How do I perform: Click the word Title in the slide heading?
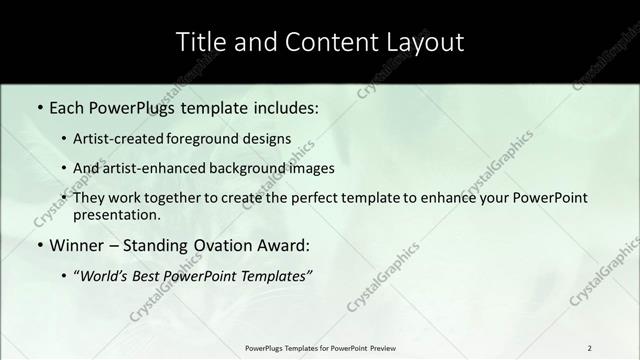coord(200,42)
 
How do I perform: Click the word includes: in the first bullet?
coord(281,105)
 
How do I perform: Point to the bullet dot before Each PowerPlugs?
coord(39,106)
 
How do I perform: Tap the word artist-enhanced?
coord(152,169)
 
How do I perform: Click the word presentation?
coord(116,215)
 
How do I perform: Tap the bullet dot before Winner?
coord(39,245)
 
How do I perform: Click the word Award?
coord(282,245)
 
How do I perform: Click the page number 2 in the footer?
coord(589,348)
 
